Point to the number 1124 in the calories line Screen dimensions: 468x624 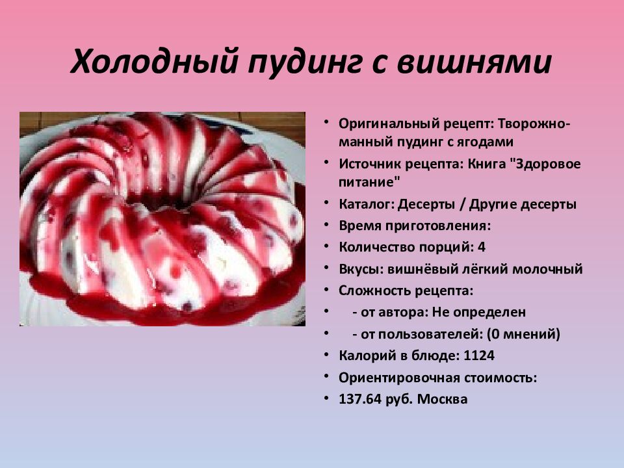(x=479, y=356)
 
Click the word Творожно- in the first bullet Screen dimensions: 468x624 (x=532, y=123)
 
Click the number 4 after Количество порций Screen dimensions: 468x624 (x=482, y=247)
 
